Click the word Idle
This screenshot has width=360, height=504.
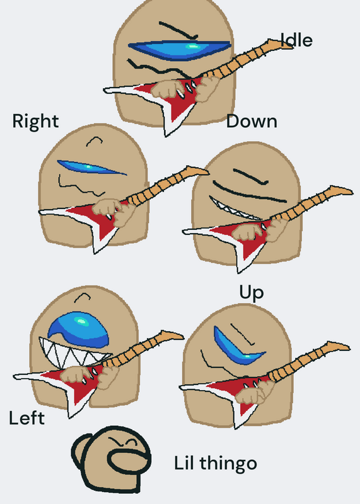click(296, 40)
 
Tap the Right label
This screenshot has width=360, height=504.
click(35, 122)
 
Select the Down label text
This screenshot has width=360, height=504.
click(252, 122)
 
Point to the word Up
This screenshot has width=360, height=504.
click(252, 292)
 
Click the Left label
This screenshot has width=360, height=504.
click(26, 418)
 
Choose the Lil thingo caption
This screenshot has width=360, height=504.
click(216, 464)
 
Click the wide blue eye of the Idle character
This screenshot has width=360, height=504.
click(179, 49)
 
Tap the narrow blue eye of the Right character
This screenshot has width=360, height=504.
click(91, 168)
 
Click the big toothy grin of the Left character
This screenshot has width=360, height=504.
click(73, 353)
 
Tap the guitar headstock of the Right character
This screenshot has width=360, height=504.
click(195, 171)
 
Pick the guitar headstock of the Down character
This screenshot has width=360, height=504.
click(339, 191)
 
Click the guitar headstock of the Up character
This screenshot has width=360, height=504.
click(335, 346)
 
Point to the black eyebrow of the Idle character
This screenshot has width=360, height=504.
click(178, 30)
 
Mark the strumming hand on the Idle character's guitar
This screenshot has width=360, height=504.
click(166, 89)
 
